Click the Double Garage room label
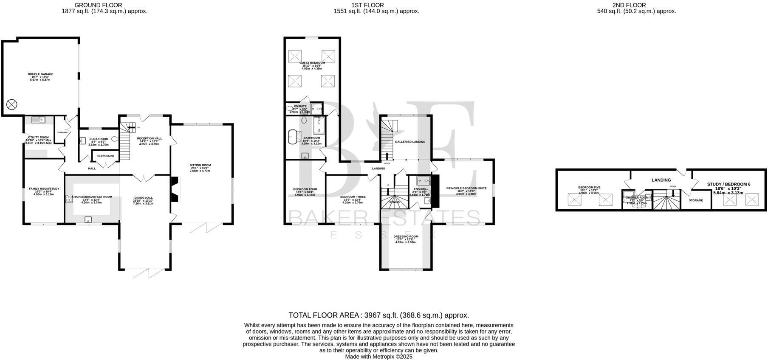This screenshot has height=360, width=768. click(x=40, y=74)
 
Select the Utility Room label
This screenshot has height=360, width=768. click(x=38, y=138)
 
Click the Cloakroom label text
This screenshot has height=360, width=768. click(x=99, y=139)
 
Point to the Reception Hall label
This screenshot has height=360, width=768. click(x=149, y=138)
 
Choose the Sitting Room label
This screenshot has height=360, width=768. click(x=200, y=165)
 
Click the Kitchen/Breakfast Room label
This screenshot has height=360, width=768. click(x=92, y=197)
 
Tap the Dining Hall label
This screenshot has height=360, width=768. click(x=143, y=198)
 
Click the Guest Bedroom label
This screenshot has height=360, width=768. click(x=312, y=63)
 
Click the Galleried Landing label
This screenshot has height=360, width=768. click(x=410, y=142)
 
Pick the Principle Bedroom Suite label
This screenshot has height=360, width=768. click(x=466, y=188)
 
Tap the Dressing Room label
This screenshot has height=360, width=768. click(x=406, y=236)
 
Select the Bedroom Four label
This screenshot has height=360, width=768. click(x=305, y=189)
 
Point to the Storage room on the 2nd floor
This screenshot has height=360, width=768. click(x=696, y=200)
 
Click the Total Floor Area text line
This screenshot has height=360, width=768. click(x=378, y=315)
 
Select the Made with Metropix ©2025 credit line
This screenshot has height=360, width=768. click(x=378, y=357)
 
